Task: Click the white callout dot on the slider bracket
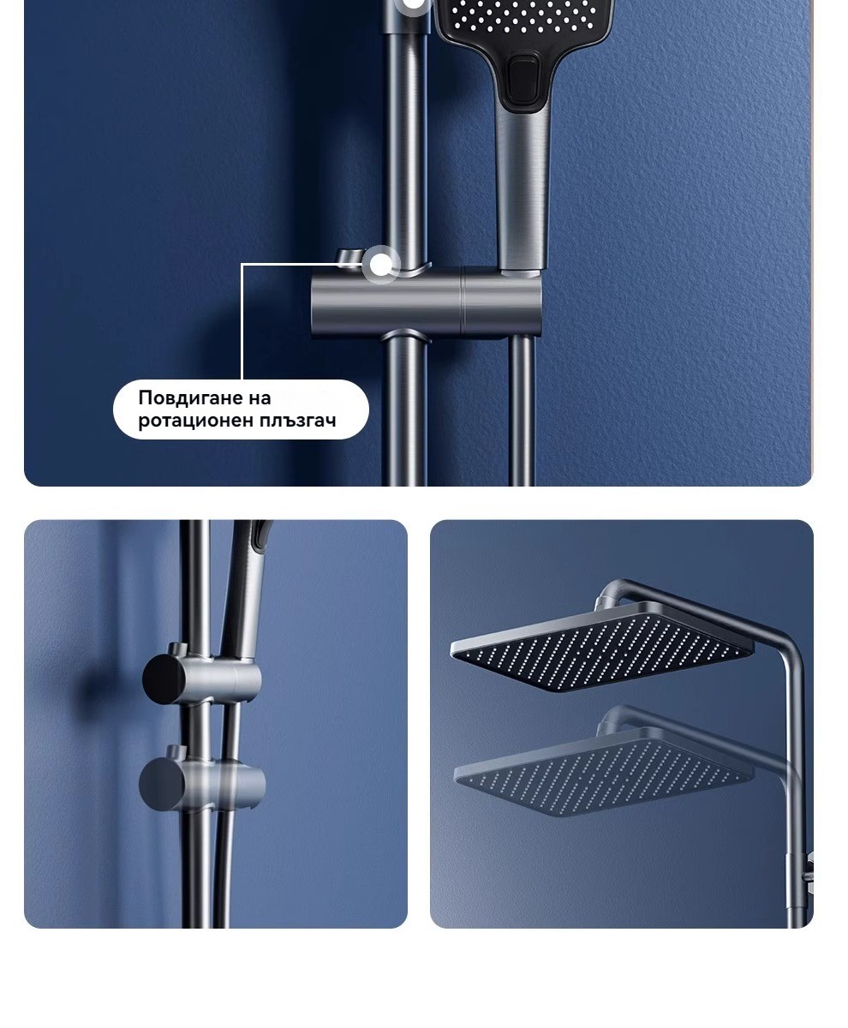click(380, 265)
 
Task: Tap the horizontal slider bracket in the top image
click(427, 302)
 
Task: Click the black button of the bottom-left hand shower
click(260, 535)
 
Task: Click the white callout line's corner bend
click(242, 265)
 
